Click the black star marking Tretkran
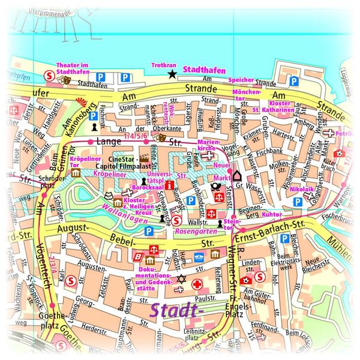click(x=172, y=74)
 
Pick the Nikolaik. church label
click(x=301, y=189)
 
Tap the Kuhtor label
click(x=272, y=213)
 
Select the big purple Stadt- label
click(x=177, y=311)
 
